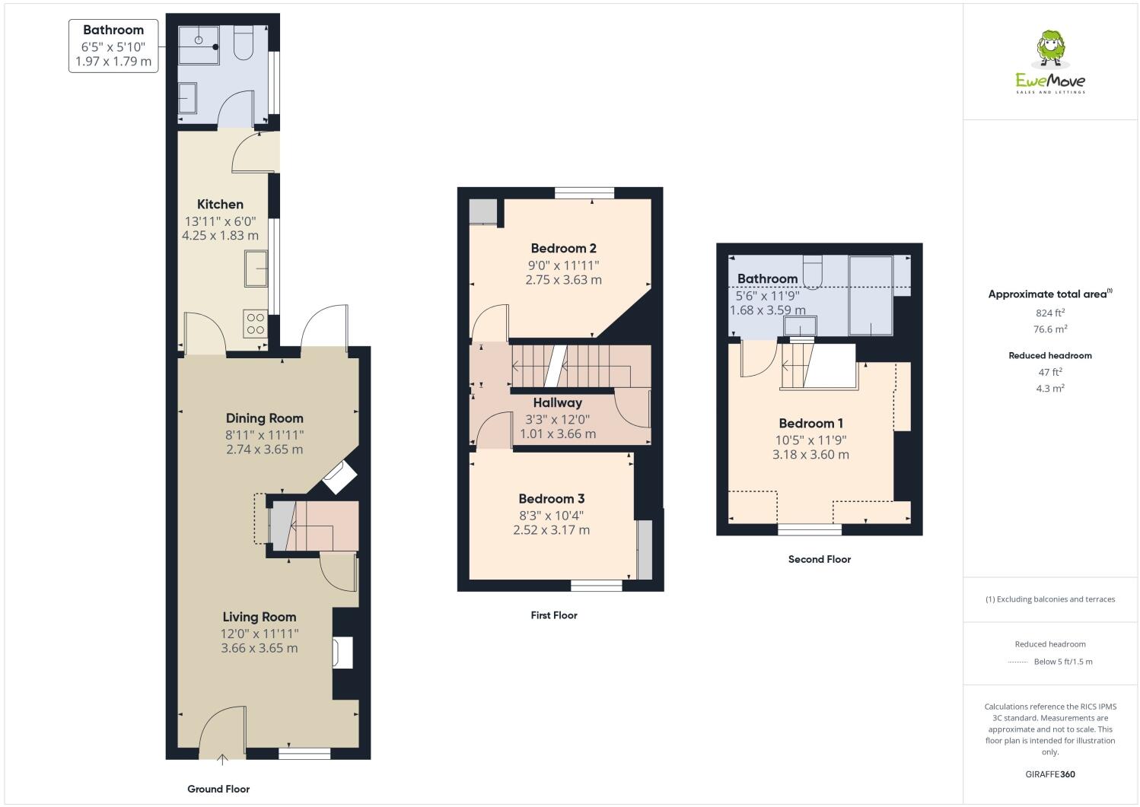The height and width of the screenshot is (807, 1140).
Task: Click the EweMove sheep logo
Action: coord(1051,50)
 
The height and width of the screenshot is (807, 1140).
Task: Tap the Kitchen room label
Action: coord(220,204)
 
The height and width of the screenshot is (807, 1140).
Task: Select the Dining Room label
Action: coord(264,418)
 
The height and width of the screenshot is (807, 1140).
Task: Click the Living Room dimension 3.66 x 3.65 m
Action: coord(260,648)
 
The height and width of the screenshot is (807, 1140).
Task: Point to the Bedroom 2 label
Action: coord(563,248)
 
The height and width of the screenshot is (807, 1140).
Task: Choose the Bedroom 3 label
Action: coord(551,499)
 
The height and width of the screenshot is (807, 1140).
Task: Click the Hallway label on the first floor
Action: coord(557,402)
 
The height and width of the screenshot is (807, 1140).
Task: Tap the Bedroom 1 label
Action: coord(810,424)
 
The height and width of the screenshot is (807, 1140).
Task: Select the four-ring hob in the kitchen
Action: coord(255,324)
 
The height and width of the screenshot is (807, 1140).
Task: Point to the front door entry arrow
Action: coord(222,758)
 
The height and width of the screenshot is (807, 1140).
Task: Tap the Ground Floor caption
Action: coord(218,789)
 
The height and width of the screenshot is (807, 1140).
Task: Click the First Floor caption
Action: coord(554,615)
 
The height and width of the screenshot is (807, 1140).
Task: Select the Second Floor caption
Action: coord(819,559)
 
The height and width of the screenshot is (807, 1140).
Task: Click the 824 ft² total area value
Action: coord(1049,313)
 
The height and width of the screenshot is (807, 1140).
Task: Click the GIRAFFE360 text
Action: coord(1050,774)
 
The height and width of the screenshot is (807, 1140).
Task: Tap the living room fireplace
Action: coord(342,653)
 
